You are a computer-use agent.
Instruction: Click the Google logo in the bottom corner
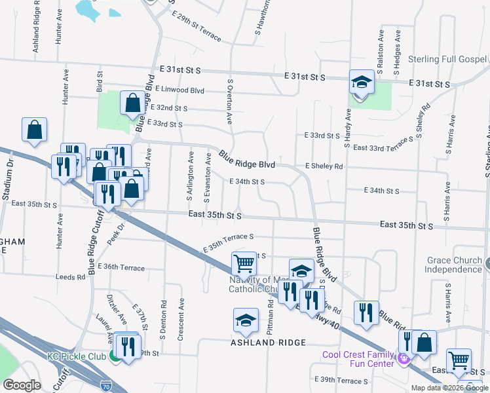point(22,384)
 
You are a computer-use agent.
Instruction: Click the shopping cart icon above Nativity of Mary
point(244,264)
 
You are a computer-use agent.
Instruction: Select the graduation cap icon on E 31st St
point(361,83)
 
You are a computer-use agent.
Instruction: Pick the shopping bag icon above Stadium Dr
point(34,130)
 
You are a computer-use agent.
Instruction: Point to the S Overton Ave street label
point(230,102)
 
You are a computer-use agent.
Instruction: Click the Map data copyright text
point(449,388)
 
